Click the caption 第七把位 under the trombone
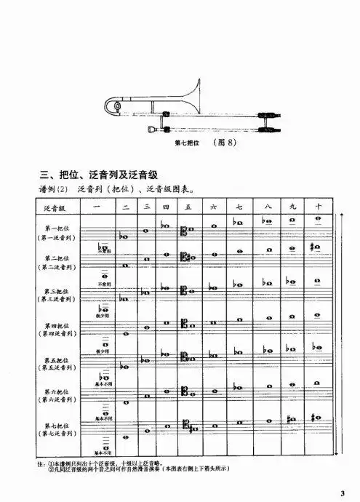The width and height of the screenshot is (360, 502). click(189, 143)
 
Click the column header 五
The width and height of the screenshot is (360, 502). click(188, 207)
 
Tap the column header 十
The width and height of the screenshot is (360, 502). click(319, 207)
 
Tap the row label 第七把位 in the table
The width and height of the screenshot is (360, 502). click(55, 423)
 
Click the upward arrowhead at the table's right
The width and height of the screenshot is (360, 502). click(341, 216)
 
